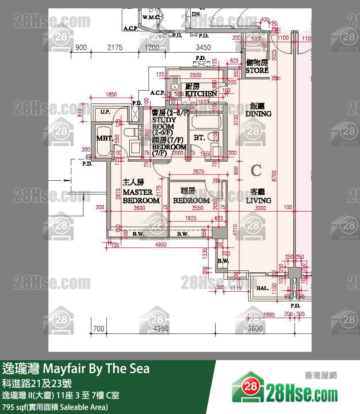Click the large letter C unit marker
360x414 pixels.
coord(256,170)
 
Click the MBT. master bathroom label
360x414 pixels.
coord(104,139)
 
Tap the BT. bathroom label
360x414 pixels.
coord(199,137)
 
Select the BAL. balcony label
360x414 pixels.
coord(262,288)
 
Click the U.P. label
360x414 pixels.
coord(105,111)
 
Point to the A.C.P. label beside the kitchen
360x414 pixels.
coord(158,93)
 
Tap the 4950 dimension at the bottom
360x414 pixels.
coord(161,329)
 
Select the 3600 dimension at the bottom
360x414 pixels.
coord(255,329)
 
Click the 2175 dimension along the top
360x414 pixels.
coord(115,48)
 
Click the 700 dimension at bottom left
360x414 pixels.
coord(98,329)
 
